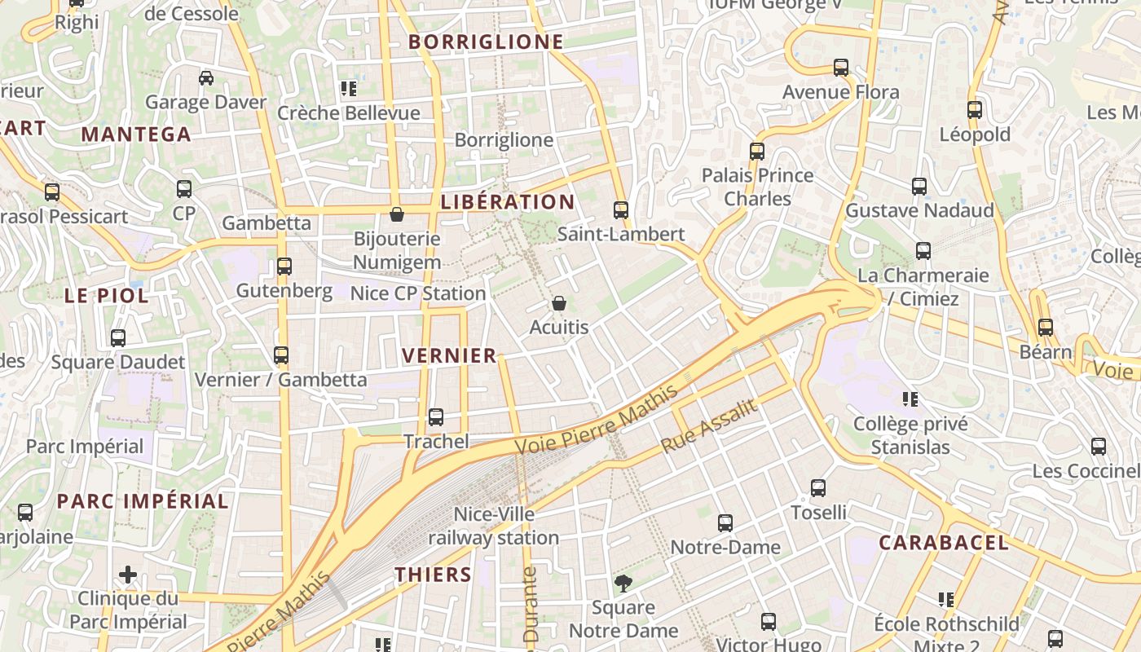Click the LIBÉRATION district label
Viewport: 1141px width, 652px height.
click(508, 202)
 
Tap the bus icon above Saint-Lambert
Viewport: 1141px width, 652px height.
click(621, 210)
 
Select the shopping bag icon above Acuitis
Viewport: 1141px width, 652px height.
click(559, 303)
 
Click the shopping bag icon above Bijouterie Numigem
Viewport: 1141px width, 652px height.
click(397, 214)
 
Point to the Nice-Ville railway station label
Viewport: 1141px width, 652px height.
click(494, 526)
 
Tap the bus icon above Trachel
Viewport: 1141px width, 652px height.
click(436, 417)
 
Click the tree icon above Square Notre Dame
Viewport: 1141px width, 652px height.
click(623, 583)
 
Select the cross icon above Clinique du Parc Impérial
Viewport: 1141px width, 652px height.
click(128, 575)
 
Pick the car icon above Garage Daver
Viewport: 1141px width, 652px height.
click(206, 78)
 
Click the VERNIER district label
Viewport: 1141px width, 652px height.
click(449, 355)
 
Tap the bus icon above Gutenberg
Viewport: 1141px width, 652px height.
click(284, 266)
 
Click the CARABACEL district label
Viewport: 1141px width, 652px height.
click(944, 543)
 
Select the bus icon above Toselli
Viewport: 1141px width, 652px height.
click(818, 488)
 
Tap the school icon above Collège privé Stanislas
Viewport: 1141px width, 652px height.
click(910, 399)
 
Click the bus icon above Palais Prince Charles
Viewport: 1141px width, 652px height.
click(757, 151)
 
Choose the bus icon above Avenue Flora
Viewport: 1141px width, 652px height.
click(841, 68)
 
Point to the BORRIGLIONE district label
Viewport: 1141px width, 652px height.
click(486, 42)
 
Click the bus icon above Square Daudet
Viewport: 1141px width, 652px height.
click(118, 337)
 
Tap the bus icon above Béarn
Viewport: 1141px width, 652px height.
click(1046, 328)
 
